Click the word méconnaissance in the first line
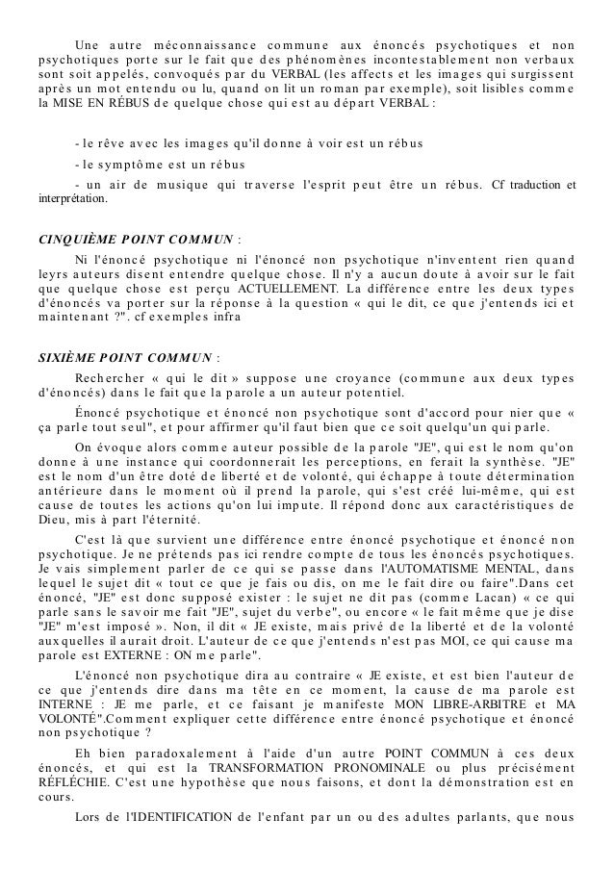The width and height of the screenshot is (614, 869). tap(190, 47)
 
